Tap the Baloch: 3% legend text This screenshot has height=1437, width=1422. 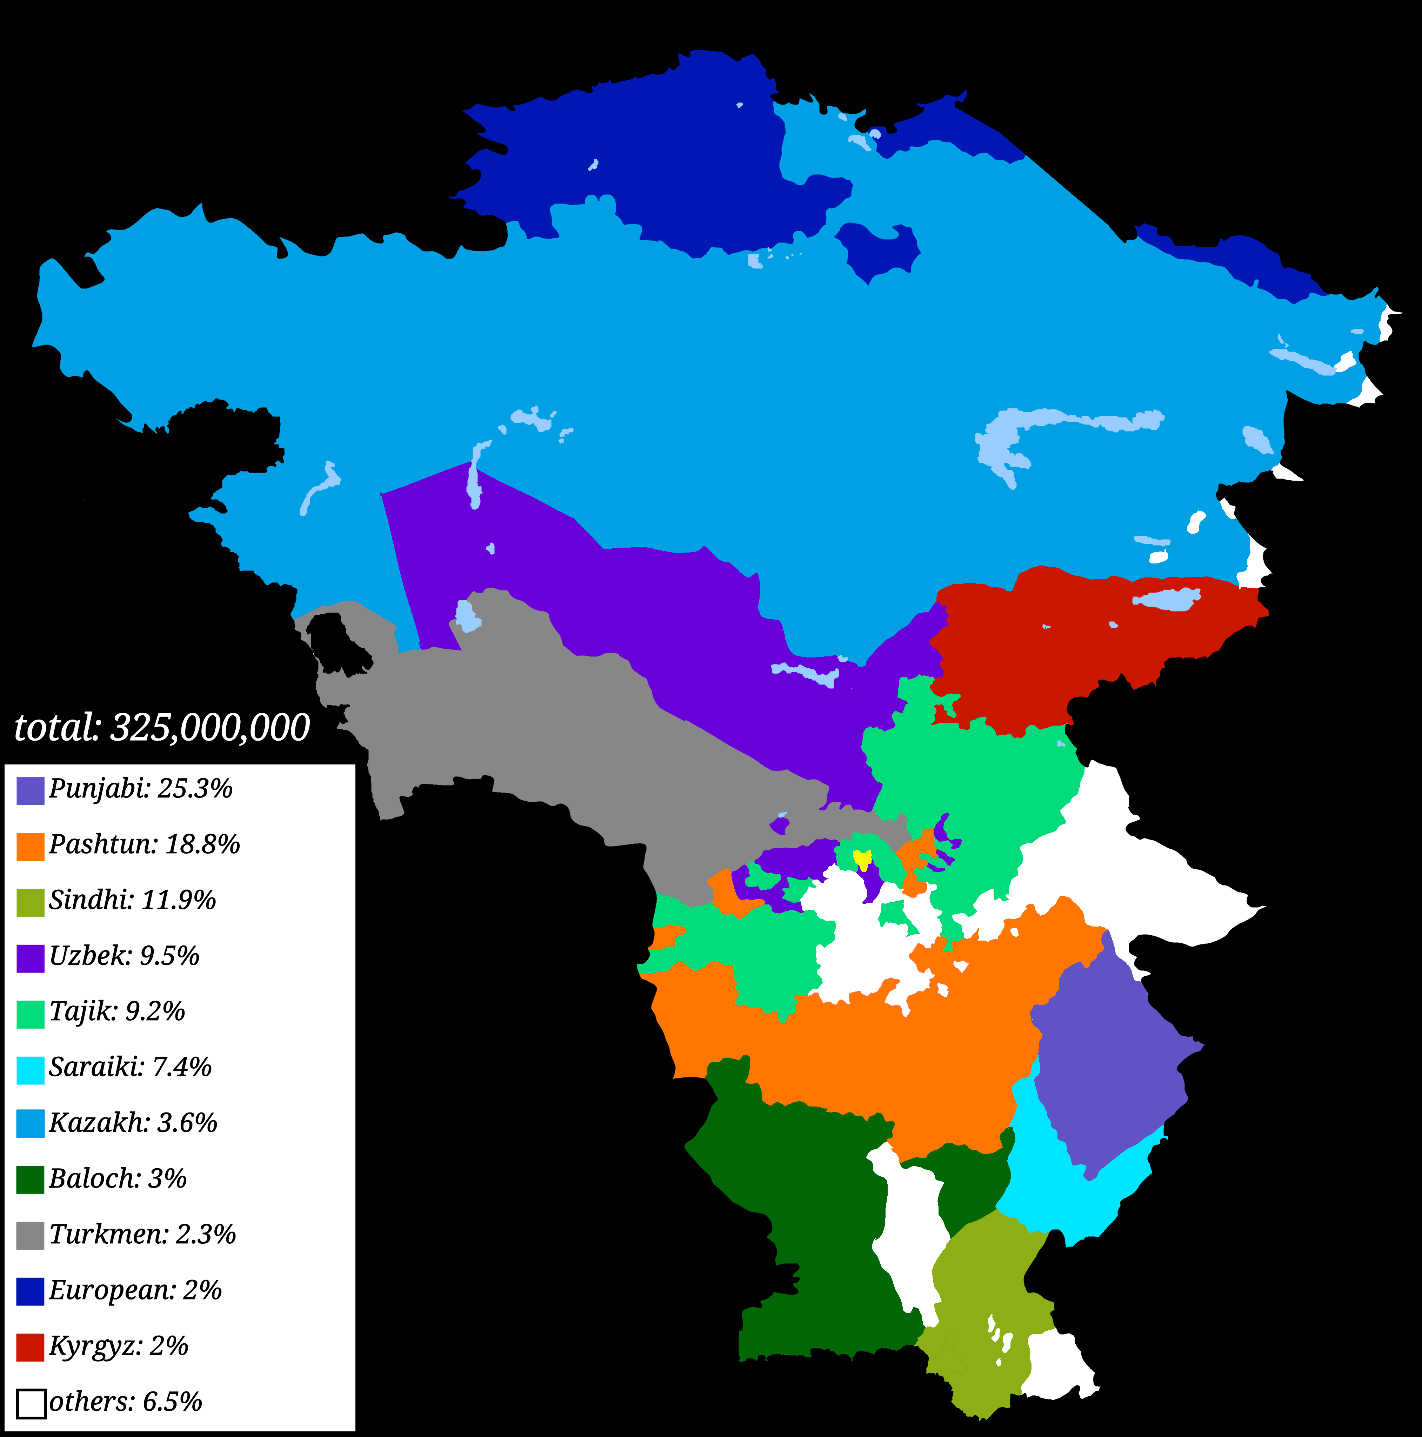click(118, 1179)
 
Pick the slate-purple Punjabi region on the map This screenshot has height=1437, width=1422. click(1108, 1064)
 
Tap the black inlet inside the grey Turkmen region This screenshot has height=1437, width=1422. click(338, 643)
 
